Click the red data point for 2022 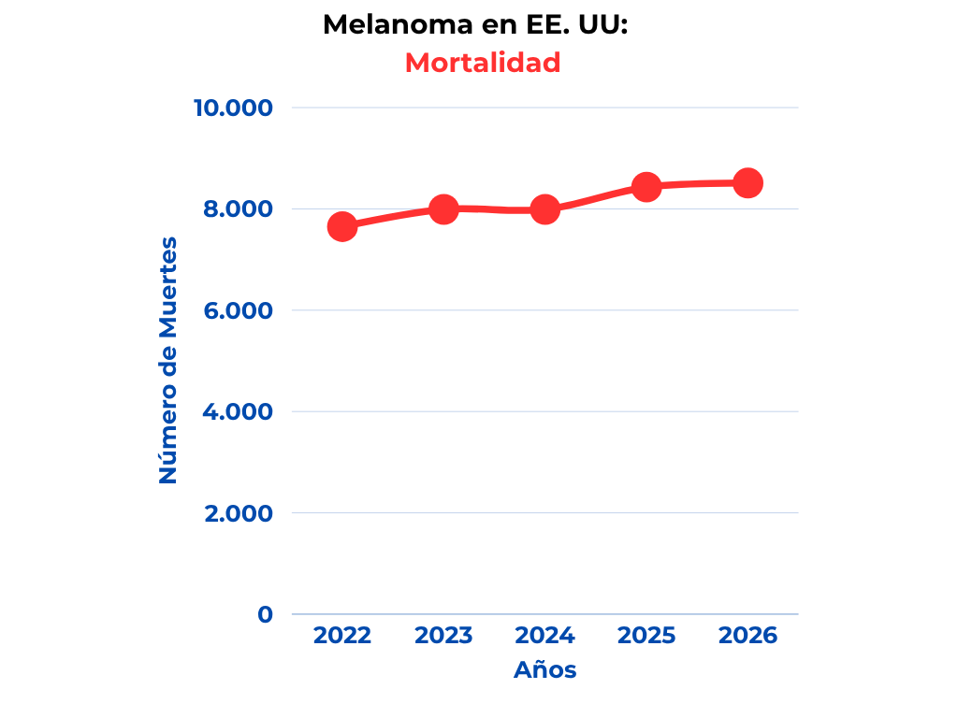(x=342, y=226)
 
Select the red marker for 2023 (x=443, y=208)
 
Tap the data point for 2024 (x=544, y=209)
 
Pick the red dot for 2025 (x=646, y=187)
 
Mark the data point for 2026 (x=748, y=182)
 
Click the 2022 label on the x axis (x=342, y=636)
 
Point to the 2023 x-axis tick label (x=443, y=636)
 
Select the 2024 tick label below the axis (x=544, y=636)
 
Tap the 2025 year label (x=646, y=636)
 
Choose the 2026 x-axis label (x=748, y=636)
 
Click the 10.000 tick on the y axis (x=233, y=108)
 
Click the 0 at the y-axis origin (x=266, y=614)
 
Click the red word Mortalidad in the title (x=483, y=63)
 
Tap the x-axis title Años (x=544, y=670)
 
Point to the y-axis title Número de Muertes (x=168, y=361)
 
